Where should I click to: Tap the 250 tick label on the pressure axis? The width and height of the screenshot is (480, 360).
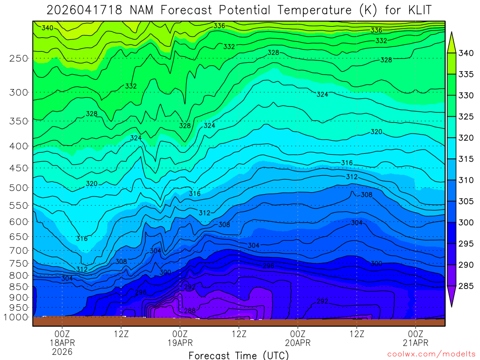click(18, 58)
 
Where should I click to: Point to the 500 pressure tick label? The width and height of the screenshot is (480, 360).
click(18, 187)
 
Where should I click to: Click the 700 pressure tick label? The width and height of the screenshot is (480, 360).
click(18, 249)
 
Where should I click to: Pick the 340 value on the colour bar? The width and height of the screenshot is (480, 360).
click(466, 53)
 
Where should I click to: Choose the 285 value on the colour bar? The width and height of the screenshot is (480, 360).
click(466, 285)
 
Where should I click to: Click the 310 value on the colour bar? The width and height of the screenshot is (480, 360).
click(466, 180)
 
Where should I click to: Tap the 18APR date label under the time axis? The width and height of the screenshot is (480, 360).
click(62, 343)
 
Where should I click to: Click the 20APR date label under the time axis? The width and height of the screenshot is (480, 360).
click(298, 343)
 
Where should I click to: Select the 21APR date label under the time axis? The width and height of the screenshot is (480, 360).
click(416, 343)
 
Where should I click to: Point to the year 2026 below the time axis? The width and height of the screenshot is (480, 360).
click(62, 352)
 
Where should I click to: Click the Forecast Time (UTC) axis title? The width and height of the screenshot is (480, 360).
click(239, 355)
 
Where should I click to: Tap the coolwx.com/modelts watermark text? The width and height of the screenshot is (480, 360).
click(431, 353)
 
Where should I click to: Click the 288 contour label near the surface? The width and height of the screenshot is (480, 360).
click(189, 311)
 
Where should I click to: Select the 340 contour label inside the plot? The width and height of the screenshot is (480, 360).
click(47, 28)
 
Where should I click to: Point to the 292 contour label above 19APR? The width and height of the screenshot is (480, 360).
click(189, 287)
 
